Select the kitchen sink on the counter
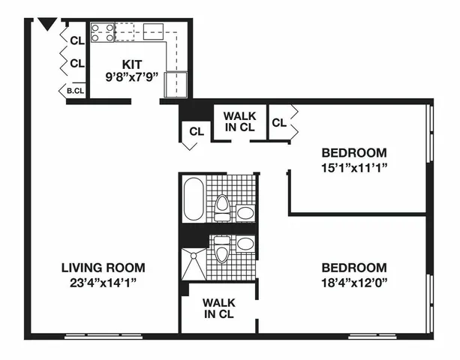[x=155, y=31]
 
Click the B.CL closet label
[x=75, y=91]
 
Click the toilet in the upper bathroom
[x=222, y=207]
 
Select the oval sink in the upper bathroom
[x=245, y=213]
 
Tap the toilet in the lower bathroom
[x=221, y=250]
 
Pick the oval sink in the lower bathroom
[x=245, y=243]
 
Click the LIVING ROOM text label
[x=103, y=268]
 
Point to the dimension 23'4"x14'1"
[x=103, y=283]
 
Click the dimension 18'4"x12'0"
[x=354, y=283]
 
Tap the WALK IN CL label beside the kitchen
[x=240, y=121]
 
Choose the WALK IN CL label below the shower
[x=220, y=308]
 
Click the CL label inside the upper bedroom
[x=278, y=122]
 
